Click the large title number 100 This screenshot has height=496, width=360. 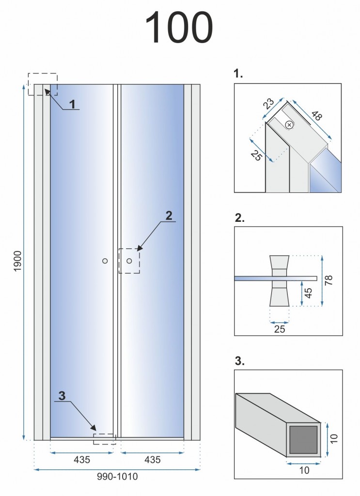click(x=179, y=28)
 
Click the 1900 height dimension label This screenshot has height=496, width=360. click(x=17, y=261)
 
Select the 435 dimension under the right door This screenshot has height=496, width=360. click(x=152, y=460)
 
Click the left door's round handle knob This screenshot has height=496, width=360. click(x=105, y=261)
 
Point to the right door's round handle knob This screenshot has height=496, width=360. click(x=129, y=261)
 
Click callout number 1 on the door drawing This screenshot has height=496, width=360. click(x=72, y=104)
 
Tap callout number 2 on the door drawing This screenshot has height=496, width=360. click(x=169, y=216)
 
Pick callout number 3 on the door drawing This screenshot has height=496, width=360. click(x=62, y=395)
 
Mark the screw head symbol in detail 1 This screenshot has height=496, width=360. click(x=289, y=125)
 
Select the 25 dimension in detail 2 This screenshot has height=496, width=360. click(x=280, y=329)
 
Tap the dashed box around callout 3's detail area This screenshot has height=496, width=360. click(x=104, y=439)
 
